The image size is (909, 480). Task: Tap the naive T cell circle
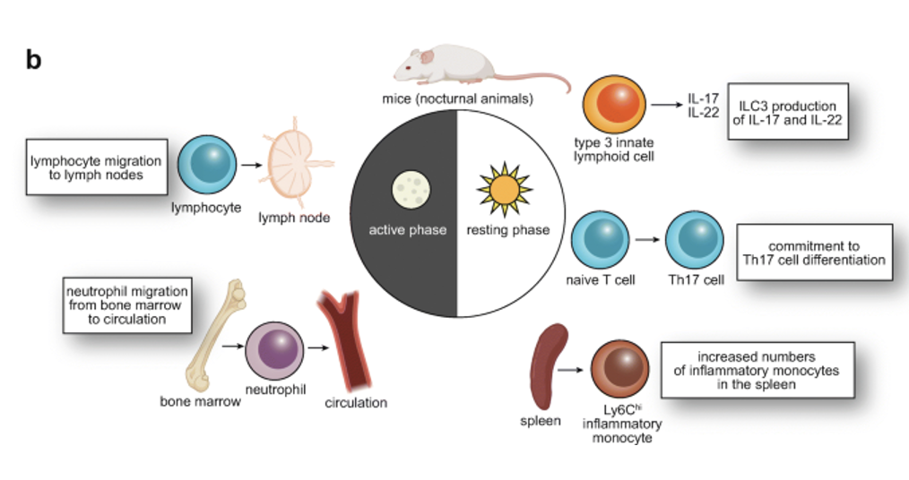600,240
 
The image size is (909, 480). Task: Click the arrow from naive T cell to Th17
647,240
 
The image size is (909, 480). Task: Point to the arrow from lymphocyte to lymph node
251,166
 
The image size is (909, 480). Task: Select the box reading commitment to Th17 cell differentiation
814,253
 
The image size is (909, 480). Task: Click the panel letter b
33,60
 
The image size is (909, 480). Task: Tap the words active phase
407,230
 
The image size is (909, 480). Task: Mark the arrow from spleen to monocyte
572,369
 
